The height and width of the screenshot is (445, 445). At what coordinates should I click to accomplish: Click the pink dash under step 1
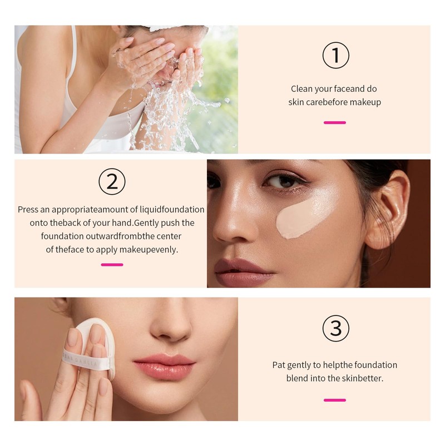click(x=335, y=122)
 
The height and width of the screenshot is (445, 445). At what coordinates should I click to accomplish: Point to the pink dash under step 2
click(x=112, y=265)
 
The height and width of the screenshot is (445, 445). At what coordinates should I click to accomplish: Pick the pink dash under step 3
click(x=335, y=400)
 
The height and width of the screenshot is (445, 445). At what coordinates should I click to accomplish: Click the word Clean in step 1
click(x=301, y=89)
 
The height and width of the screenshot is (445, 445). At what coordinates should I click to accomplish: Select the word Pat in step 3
click(x=279, y=365)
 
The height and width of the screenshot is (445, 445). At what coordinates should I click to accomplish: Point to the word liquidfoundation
click(x=172, y=210)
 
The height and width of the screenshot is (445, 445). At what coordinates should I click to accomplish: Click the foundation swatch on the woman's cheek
click(x=305, y=217)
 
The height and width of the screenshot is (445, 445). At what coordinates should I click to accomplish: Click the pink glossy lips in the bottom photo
click(x=165, y=366)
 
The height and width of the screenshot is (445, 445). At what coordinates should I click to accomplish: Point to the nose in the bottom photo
click(x=170, y=327)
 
